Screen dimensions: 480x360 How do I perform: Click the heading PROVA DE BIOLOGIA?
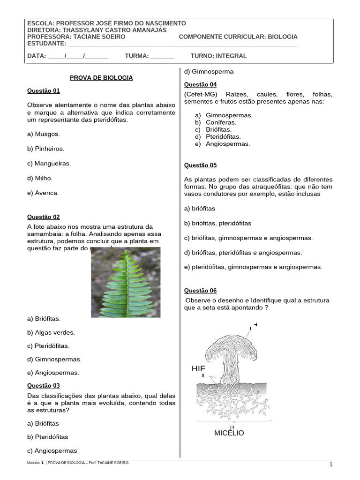pos(101,78)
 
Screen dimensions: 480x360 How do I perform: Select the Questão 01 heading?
pos(44,91)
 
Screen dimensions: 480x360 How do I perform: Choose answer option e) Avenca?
pos(43,193)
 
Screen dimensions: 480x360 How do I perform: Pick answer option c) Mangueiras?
pos(49,164)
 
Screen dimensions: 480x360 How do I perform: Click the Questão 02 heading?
pos(44,217)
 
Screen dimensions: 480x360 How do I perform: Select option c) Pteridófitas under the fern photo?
pos(48,346)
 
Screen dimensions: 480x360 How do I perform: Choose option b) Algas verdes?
pos(51,332)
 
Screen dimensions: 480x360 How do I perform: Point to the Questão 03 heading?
pos(44,386)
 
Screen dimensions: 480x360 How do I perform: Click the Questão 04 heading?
pos(200,84)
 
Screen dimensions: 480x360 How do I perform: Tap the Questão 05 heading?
pos(200,165)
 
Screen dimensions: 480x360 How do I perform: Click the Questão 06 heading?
pos(200,291)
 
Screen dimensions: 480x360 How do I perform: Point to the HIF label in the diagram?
pos(198,369)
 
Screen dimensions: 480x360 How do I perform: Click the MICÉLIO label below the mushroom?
pos(229,433)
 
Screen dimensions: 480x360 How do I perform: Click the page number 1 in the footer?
pos(330,465)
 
